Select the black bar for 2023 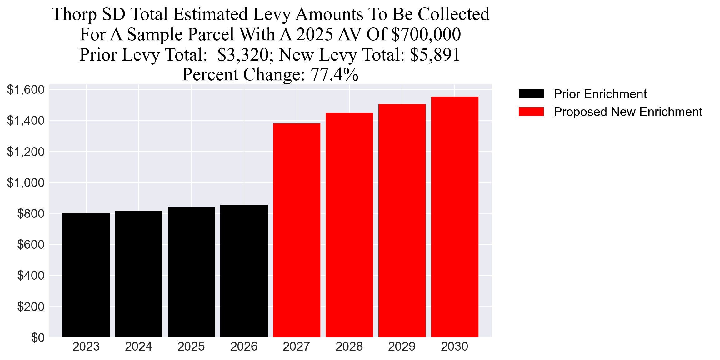pyautogui.click(x=86, y=275)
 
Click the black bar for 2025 pyautogui.click(x=191, y=272)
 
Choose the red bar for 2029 pyautogui.click(x=402, y=221)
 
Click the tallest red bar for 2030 pyautogui.click(x=454, y=217)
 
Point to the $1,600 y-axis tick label pyautogui.click(x=26, y=90)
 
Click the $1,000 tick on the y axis pyautogui.click(x=26, y=182)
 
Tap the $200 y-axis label pyautogui.click(x=31, y=307)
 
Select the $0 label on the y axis pyautogui.click(x=38, y=337)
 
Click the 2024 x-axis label pyautogui.click(x=138, y=347)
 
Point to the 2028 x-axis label pyautogui.click(x=349, y=347)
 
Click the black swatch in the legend pyautogui.click(x=531, y=94)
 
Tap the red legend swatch pyautogui.click(x=531, y=112)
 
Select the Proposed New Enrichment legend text pyautogui.click(x=628, y=112)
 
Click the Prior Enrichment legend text pyautogui.click(x=600, y=94)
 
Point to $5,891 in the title pyautogui.click(x=435, y=55)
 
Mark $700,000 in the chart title pyautogui.click(x=426, y=34)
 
